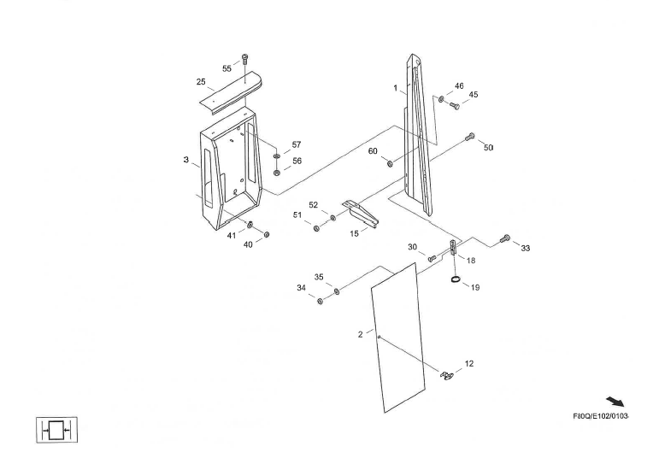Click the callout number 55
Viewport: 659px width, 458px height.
tap(227, 68)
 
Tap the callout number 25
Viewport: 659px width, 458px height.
tap(201, 82)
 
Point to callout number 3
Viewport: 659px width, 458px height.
tap(185, 160)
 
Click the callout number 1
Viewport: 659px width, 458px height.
tap(396, 89)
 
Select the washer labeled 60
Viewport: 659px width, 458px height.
tap(391, 163)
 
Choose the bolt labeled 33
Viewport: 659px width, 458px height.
tap(504, 238)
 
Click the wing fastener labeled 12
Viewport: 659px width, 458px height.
tap(446, 374)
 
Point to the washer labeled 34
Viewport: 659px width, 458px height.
tap(321, 302)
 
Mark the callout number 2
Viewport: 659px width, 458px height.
tap(360, 334)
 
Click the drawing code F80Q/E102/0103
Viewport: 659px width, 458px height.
tap(600, 416)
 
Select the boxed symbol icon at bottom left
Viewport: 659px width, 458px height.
tap(57, 430)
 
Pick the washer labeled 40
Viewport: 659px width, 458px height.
tap(267, 233)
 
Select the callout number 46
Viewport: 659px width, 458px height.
tap(459, 86)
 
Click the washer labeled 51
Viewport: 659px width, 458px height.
tap(317, 228)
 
